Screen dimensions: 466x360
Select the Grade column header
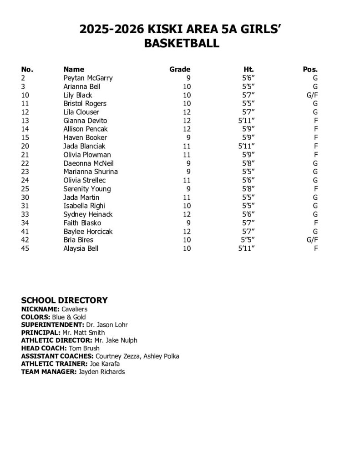(179, 70)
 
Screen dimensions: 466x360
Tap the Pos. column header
(310, 70)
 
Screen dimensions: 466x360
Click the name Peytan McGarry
(88, 78)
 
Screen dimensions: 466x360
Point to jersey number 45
(25, 248)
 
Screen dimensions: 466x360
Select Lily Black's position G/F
(312, 95)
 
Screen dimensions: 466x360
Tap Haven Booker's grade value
(188, 138)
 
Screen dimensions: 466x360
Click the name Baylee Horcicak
(88, 232)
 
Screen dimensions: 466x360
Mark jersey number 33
(25, 214)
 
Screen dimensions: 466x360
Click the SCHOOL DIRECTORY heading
(65, 300)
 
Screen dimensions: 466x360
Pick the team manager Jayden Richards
(101, 372)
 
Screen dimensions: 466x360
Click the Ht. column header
(248, 70)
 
